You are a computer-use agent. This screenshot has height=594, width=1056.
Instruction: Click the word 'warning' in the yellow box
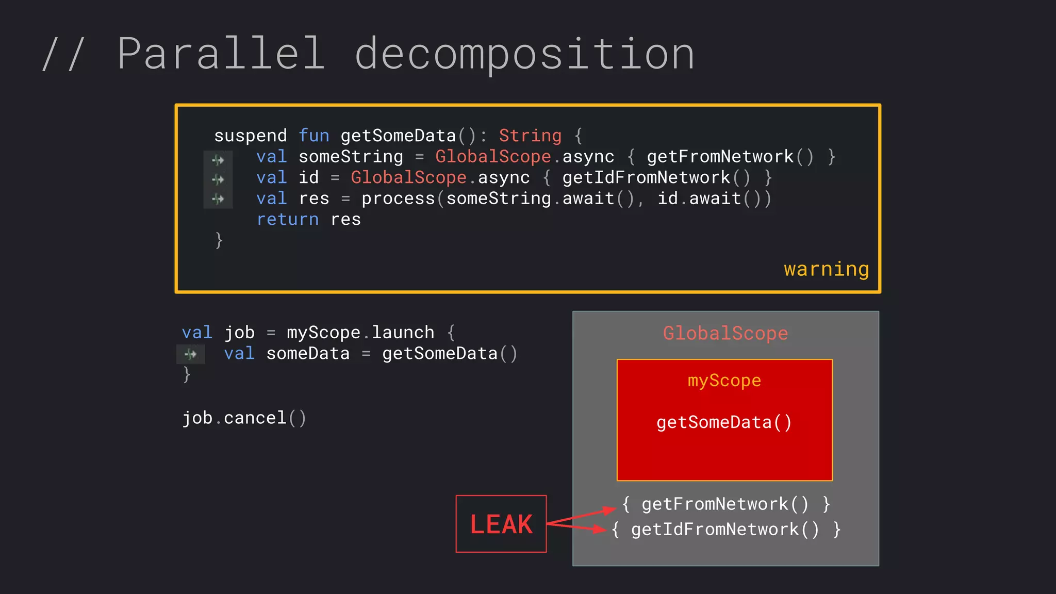tap(826, 269)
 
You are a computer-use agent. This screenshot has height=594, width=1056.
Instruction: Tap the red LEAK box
tap(501, 524)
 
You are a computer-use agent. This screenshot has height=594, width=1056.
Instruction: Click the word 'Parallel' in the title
tap(221, 54)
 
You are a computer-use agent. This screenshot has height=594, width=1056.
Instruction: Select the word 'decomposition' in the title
tap(524, 55)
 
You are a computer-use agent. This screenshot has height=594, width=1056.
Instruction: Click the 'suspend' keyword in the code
tap(250, 136)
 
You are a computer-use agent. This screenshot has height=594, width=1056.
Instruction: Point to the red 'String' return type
tap(530, 136)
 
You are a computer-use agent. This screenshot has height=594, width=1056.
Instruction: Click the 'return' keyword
tap(287, 220)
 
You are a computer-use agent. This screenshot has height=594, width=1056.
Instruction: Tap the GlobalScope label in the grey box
tap(725, 334)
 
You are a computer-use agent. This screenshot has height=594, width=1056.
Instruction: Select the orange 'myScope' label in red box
tap(724, 381)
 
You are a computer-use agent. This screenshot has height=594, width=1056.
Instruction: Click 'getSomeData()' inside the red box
tap(724, 423)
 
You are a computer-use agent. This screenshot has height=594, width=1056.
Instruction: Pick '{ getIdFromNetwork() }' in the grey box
tap(726, 530)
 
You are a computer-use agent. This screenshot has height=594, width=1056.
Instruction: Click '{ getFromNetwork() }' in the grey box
tap(726, 504)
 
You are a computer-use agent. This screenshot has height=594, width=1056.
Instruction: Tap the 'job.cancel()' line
tap(244, 418)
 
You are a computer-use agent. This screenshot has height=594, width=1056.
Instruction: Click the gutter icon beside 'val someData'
tap(191, 354)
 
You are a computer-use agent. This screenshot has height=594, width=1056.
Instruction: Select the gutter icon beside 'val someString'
tap(218, 160)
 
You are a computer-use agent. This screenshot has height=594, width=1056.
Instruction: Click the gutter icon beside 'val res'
tap(218, 199)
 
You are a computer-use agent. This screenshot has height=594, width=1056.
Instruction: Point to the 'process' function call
tap(398, 199)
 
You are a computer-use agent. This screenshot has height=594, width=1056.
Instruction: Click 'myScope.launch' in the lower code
tap(360, 333)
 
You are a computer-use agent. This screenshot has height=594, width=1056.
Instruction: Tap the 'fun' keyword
tap(313, 136)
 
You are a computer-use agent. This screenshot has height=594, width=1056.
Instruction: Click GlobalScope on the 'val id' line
tap(408, 178)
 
